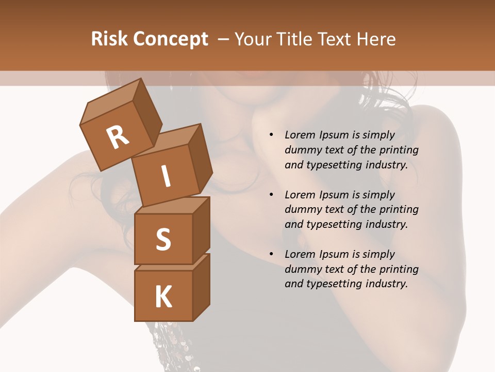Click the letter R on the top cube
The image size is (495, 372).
(118, 137)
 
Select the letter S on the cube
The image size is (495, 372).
(163, 239)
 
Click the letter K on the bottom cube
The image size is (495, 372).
(163, 297)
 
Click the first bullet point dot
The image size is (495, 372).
(271, 135)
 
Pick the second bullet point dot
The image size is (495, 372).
(271, 195)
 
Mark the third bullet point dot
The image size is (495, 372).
(271, 255)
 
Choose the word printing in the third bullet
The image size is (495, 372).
(399, 269)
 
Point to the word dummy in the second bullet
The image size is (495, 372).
(302, 210)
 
